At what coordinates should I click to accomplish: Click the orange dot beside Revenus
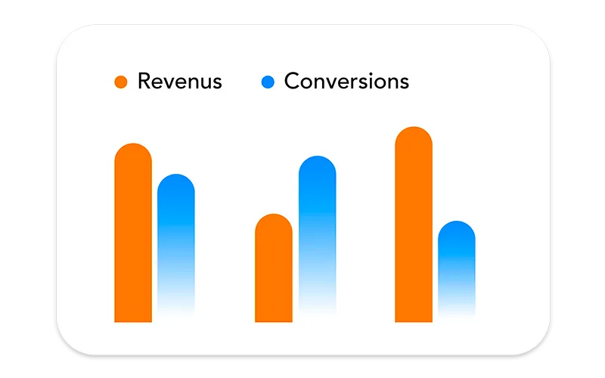(x=121, y=82)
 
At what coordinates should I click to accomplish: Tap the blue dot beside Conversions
(x=268, y=82)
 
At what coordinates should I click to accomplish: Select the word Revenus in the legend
(x=180, y=81)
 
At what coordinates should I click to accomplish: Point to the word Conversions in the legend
(x=346, y=81)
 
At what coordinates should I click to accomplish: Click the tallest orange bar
(x=414, y=224)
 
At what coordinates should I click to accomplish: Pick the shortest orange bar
(x=274, y=268)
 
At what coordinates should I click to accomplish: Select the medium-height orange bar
(x=133, y=233)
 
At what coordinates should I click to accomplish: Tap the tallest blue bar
(x=317, y=236)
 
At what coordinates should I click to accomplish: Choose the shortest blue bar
(x=457, y=269)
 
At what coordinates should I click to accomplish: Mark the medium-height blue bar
(x=176, y=245)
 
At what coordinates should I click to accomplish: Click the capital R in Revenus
(x=144, y=81)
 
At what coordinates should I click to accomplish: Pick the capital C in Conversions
(x=293, y=81)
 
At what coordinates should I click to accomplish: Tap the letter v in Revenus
(x=174, y=83)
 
